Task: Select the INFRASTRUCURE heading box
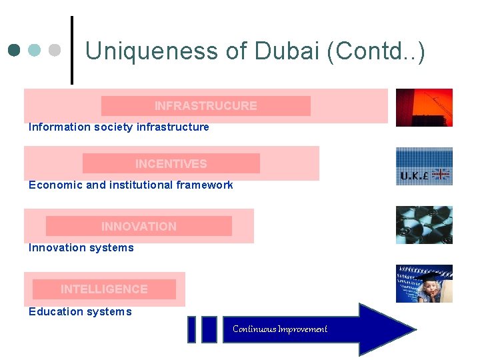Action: [205, 106]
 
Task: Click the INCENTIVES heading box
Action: [171, 163]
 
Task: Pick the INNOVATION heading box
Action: [139, 226]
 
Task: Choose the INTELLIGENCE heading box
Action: [104, 289]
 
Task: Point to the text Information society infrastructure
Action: [119, 127]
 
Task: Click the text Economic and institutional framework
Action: [131, 185]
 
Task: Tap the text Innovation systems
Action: [81, 247]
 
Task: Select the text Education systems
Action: [80, 311]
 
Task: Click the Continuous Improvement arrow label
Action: [280, 329]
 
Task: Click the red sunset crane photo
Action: [424, 107]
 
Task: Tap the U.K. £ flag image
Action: [424, 167]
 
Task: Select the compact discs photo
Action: [424, 225]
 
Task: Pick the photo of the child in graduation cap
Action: [424, 283]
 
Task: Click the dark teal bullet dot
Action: [15, 50]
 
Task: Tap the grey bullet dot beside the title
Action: [55, 50]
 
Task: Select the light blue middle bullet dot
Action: [35, 50]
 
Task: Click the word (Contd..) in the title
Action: [376, 51]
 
